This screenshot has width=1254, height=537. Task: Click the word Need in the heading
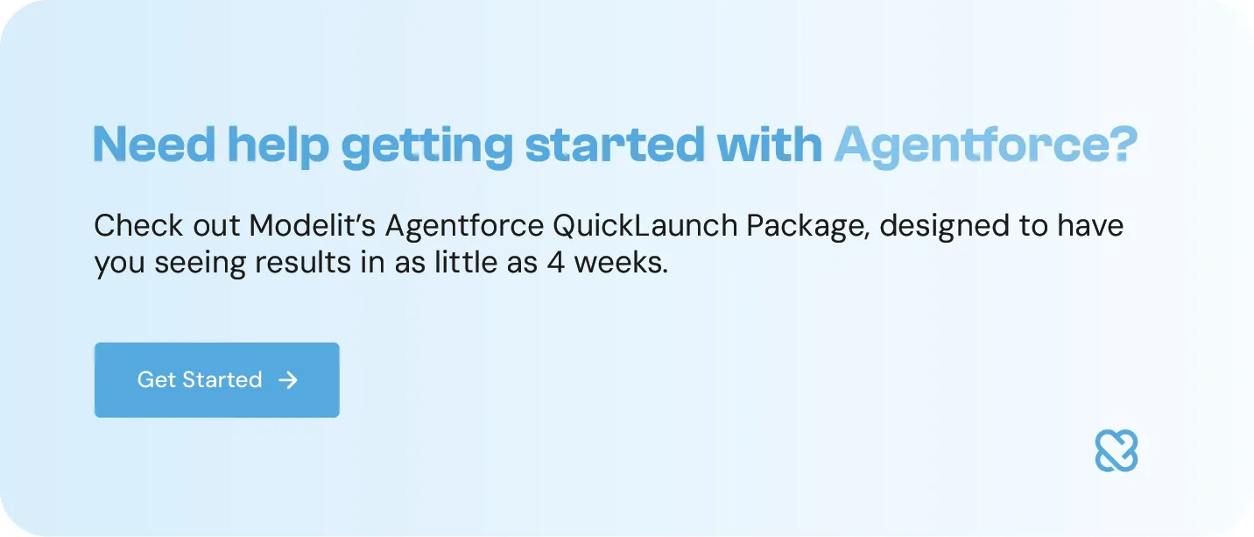pyautogui.click(x=154, y=145)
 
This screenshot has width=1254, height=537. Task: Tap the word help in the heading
pyautogui.click(x=278, y=145)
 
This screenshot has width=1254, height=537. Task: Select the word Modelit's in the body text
pyautogui.click(x=313, y=226)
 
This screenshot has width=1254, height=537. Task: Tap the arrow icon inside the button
pyautogui.click(x=287, y=380)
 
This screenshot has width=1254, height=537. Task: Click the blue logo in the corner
pyautogui.click(x=1117, y=451)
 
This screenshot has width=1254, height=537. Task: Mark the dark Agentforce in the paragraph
pyautogui.click(x=464, y=227)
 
